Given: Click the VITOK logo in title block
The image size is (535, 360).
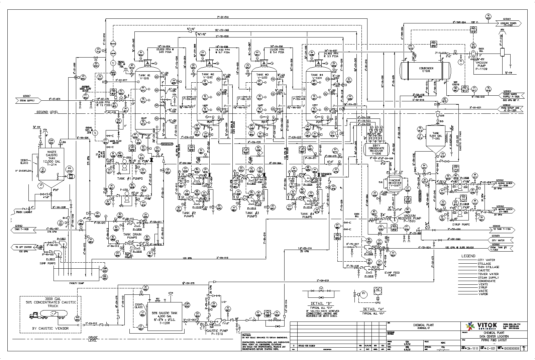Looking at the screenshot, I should click(479, 326).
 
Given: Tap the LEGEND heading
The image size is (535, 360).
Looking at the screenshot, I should click(468, 256).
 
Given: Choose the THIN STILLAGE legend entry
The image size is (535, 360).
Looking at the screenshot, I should click(488, 267).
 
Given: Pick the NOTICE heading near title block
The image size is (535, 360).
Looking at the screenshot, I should click(246, 335).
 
